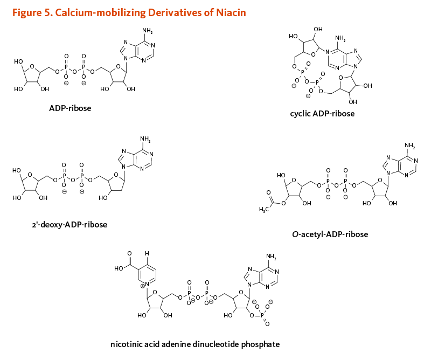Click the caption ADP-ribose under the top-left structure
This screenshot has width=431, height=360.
70,108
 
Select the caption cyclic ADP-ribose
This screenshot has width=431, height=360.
322,114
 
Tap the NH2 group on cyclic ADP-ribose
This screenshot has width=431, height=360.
340,38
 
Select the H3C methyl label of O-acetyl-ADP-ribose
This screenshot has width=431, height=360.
265,209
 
